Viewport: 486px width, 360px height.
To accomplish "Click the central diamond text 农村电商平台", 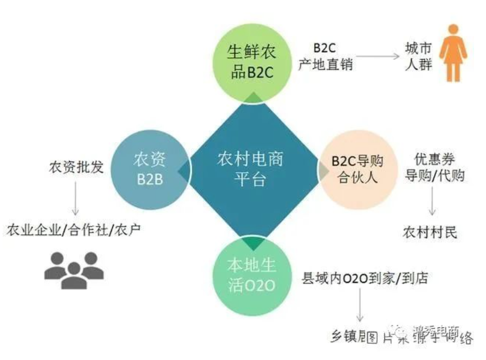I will click(250, 169).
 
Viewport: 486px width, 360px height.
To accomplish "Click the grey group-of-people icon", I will click(74, 269).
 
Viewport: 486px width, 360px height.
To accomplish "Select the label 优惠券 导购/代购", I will click(435, 168).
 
